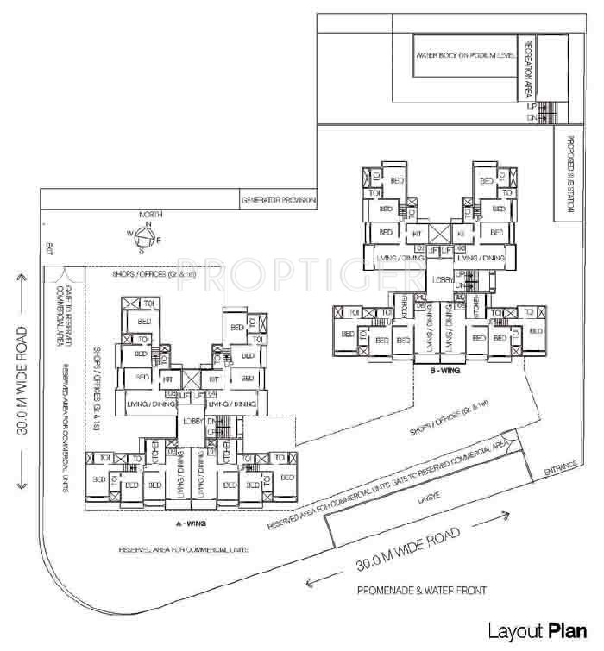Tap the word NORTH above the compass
pyautogui.click(x=148, y=215)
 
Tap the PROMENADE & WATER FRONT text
pyautogui.click(x=422, y=591)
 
